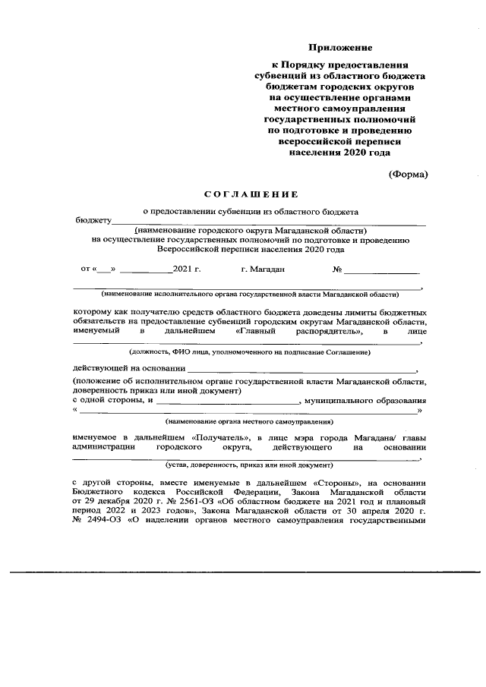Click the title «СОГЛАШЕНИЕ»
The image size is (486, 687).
pyautogui.click(x=251, y=195)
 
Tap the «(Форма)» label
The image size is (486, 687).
pyautogui.click(x=409, y=174)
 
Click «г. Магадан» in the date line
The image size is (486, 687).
pyautogui.click(x=262, y=269)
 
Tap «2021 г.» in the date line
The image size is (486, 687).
pyautogui.click(x=186, y=269)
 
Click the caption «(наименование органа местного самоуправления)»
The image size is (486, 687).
pyautogui.click(x=250, y=420)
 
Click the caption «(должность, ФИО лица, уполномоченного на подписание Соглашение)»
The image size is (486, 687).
pyautogui.click(x=250, y=352)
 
